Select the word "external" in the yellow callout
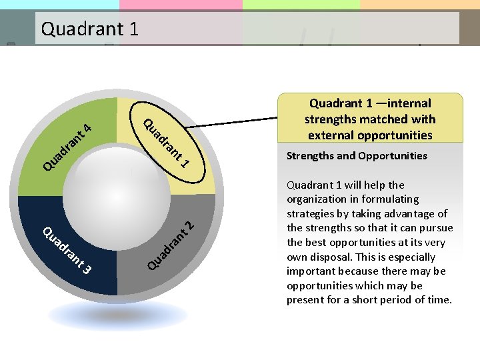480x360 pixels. tap(331, 135)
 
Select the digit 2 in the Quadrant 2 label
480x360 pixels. tap(189, 225)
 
